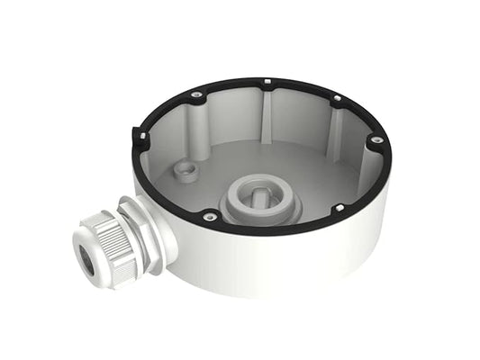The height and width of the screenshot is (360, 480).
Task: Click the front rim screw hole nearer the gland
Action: [x=209, y=217]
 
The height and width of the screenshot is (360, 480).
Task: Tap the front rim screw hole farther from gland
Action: [x=339, y=210]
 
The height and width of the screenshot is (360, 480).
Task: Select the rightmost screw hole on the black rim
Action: [x=376, y=139]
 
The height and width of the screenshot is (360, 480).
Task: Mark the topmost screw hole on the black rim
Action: [x=268, y=84]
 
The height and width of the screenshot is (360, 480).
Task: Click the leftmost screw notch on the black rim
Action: [x=142, y=136]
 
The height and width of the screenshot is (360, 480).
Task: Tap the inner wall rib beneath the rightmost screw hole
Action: [x=365, y=162]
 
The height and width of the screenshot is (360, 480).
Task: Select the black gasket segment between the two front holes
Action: [x=275, y=225]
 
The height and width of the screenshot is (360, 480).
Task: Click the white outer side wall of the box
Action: [x=297, y=261]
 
